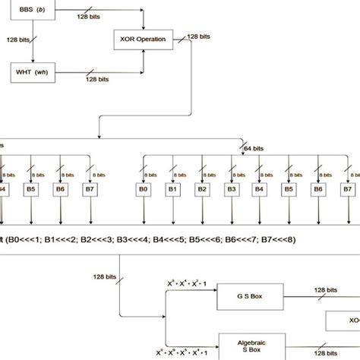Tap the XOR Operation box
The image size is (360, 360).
[x=140, y=37]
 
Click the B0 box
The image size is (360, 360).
[x=142, y=189]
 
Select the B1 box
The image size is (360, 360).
[x=172, y=189]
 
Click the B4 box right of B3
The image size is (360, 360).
[x=259, y=189]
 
